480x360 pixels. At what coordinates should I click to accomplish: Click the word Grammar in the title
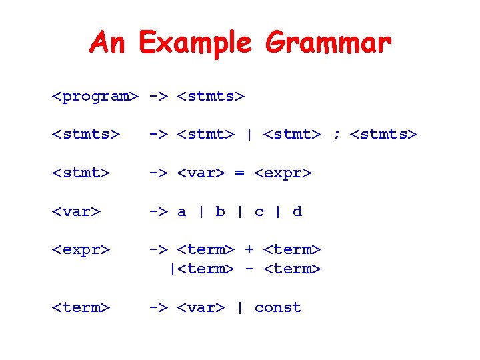328,44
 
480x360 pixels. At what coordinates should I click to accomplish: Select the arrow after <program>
158,97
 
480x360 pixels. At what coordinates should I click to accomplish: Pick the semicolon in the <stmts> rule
336,135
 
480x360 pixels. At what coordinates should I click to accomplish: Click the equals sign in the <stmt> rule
240,173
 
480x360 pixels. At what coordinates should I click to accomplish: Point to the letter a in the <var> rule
181,212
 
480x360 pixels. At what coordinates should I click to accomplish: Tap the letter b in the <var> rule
220,211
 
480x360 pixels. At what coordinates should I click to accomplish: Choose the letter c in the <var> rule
259,212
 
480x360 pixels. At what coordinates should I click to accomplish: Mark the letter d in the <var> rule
297,211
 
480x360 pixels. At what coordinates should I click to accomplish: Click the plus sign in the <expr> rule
249,249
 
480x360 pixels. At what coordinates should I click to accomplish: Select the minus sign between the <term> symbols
249,269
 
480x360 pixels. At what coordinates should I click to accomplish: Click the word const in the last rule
278,307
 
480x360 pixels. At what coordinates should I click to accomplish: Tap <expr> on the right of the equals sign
283,174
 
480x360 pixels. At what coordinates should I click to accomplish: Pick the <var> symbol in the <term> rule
201,307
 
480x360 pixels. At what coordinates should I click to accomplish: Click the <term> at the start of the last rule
81,307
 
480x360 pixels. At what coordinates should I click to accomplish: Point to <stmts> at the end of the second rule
383,135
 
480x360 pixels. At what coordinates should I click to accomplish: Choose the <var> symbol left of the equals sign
201,173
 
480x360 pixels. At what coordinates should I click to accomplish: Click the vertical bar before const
240,307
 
